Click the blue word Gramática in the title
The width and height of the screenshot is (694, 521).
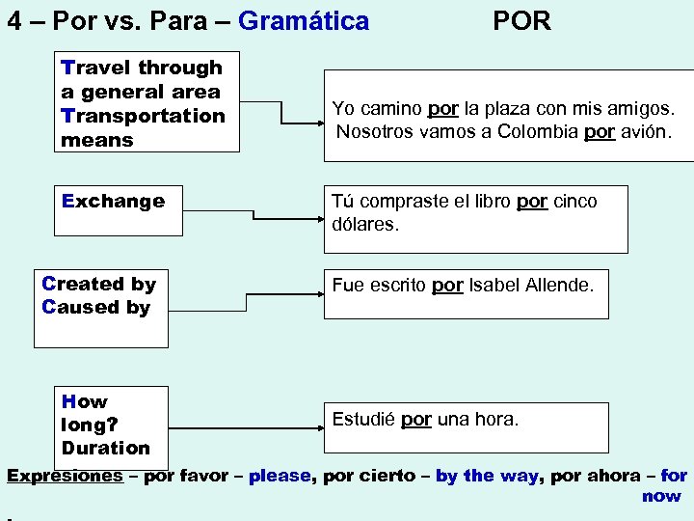pyautogui.click(x=303, y=20)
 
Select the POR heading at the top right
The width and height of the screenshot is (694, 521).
pyautogui.click(x=521, y=20)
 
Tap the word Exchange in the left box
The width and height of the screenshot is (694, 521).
pyautogui.click(x=113, y=202)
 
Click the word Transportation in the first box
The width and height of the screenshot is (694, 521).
pyautogui.click(x=143, y=116)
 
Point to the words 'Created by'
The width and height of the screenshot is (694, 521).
pyautogui.click(x=98, y=284)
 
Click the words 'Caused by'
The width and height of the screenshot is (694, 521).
pyautogui.click(x=96, y=307)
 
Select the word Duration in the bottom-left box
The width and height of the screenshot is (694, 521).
pyautogui.click(x=106, y=448)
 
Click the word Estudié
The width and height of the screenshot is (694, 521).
pyautogui.click(x=363, y=420)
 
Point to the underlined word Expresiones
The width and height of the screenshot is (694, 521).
pyautogui.click(x=65, y=476)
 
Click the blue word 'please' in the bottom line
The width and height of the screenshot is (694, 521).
pyautogui.click(x=280, y=476)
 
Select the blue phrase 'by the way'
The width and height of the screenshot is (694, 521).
pyautogui.click(x=486, y=476)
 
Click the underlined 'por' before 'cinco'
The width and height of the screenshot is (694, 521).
pyautogui.click(x=532, y=202)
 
